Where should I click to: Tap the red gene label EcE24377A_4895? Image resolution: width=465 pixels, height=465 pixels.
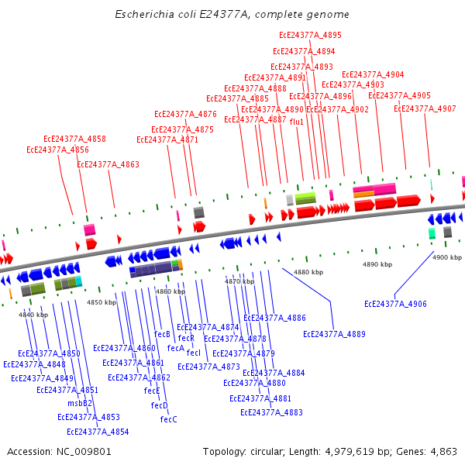pyautogui.click(x=310, y=35)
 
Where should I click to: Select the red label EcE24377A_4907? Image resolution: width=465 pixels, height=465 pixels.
pyautogui.click(x=425, y=108)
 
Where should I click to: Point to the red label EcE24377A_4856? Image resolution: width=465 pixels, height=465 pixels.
pyautogui.click(x=57, y=150)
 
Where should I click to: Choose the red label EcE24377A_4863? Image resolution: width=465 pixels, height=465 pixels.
pyautogui.click(x=108, y=164)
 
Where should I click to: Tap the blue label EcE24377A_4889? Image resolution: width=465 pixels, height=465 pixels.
pyautogui.click(x=334, y=334)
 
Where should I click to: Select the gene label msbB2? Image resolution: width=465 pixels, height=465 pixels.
pyautogui.click(x=79, y=403)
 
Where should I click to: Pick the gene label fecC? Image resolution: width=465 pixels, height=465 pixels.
pyautogui.click(x=168, y=419)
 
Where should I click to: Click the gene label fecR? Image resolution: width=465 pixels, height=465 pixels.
pyautogui.click(x=186, y=338)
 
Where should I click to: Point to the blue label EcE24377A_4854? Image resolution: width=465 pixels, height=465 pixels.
pyautogui.click(x=98, y=432)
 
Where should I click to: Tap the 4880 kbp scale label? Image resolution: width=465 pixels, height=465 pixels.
pyautogui.click(x=308, y=272)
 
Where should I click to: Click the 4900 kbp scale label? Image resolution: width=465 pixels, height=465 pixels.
pyautogui.click(x=446, y=257)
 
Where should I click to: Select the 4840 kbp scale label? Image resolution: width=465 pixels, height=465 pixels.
pyautogui.click(x=33, y=315)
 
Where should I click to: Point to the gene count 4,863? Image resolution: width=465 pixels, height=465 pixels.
pyautogui.click(x=441, y=451)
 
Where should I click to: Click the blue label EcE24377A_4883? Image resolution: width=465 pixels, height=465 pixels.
pyautogui.click(x=271, y=412)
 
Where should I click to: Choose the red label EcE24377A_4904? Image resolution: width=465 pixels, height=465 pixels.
pyautogui.click(x=373, y=74)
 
